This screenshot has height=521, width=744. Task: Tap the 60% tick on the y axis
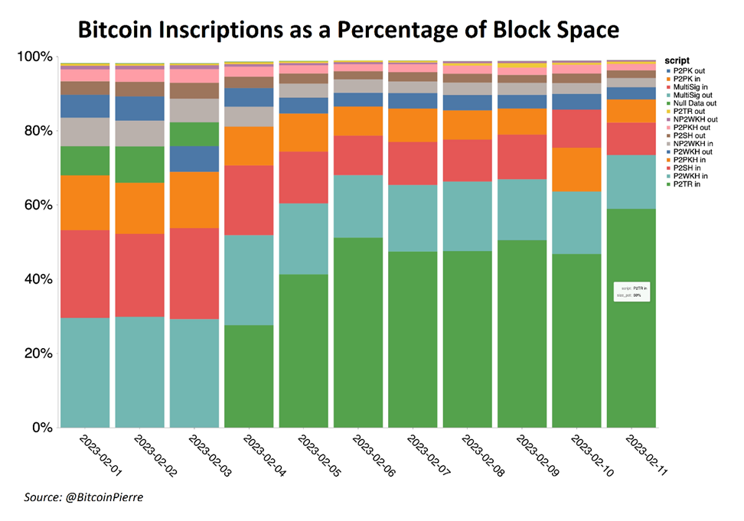pos(36,205)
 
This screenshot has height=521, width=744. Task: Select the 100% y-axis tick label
pos(34,57)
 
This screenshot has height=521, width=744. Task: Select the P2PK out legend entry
pos(687,70)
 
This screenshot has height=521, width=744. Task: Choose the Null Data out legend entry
pos(692,103)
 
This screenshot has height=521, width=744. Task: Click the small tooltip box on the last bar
pos(632,291)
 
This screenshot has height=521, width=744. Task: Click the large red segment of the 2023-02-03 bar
pos(194,273)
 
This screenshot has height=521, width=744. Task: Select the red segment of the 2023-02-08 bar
pos(468,160)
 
